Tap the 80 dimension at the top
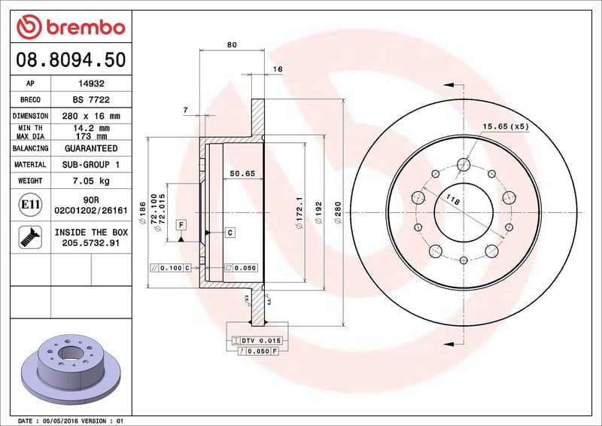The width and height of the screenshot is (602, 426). [232, 45]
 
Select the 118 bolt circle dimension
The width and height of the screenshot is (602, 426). [453, 200]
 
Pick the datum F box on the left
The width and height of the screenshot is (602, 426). [181, 224]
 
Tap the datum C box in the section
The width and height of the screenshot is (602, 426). [229, 232]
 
